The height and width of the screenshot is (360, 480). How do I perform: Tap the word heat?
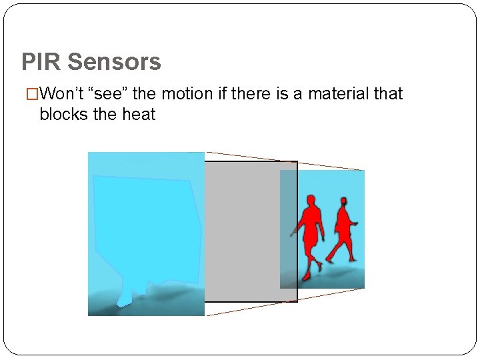(x=139, y=114)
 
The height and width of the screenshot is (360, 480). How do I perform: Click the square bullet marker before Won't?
(x=28, y=94)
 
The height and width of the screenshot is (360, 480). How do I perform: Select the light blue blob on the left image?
(x=147, y=227)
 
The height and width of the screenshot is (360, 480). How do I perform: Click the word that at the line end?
(x=388, y=93)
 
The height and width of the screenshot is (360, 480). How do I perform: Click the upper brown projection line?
(x=287, y=160)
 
